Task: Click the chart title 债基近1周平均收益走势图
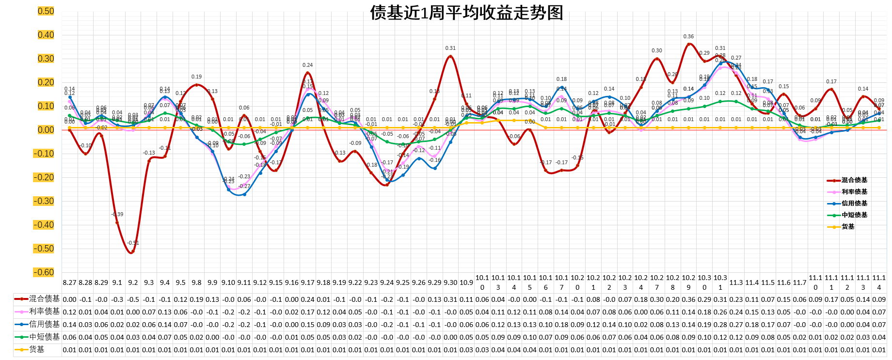click(466, 13)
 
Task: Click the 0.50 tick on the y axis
click(46, 11)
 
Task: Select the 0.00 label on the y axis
click(46, 130)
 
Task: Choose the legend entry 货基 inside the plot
click(848, 227)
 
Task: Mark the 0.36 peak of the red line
click(688, 44)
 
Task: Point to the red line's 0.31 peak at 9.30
click(450, 56)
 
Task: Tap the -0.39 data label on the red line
click(117, 214)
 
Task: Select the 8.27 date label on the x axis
click(69, 282)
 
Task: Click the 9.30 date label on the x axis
click(450, 282)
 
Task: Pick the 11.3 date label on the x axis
click(736, 282)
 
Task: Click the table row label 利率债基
click(44, 312)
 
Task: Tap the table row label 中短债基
click(44, 337)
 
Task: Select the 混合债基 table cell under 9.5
click(180, 299)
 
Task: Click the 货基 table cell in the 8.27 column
click(69, 350)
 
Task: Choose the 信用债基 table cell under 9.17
click(307, 325)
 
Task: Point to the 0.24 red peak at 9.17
click(307, 73)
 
